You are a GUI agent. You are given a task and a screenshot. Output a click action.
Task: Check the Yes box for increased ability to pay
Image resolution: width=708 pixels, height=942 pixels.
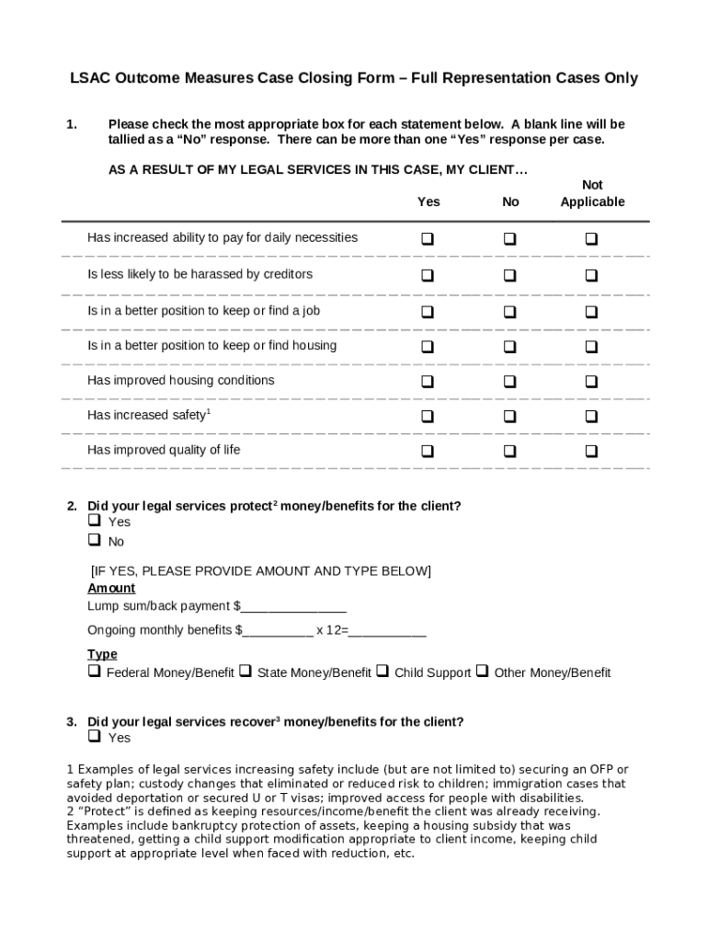pyautogui.click(x=428, y=239)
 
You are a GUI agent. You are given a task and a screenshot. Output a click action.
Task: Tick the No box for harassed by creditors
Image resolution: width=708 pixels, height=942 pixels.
pyautogui.click(x=509, y=276)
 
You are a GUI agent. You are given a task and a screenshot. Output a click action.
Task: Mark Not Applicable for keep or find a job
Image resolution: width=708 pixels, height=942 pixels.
pyautogui.click(x=591, y=313)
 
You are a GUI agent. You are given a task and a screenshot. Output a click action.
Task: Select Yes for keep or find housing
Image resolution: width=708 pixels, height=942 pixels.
pyautogui.click(x=428, y=348)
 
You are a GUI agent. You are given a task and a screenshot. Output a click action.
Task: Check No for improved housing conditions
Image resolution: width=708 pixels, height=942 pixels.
pyautogui.click(x=509, y=383)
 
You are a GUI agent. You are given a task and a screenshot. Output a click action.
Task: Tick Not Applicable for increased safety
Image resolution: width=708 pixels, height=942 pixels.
pyautogui.click(x=591, y=417)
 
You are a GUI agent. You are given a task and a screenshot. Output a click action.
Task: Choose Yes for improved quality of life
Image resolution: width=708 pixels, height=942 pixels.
pyautogui.click(x=428, y=452)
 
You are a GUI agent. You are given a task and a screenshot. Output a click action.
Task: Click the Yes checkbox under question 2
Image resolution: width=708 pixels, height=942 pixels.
pyautogui.click(x=94, y=522)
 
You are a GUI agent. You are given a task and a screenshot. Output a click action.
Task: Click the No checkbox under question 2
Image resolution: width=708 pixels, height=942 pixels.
pyautogui.click(x=94, y=541)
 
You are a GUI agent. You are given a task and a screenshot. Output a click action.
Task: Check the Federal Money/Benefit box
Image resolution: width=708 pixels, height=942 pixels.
pyautogui.click(x=94, y=672)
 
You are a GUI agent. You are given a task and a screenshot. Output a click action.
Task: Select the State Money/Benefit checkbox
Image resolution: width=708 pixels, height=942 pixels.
pyautogui.click(x=246, y=672)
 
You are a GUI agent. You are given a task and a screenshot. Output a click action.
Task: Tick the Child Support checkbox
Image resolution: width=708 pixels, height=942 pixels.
pyautogui.click(x=383, y=672)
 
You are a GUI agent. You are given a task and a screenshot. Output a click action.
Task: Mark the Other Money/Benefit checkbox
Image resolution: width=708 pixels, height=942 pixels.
pyautogui.click(x=483, y=672)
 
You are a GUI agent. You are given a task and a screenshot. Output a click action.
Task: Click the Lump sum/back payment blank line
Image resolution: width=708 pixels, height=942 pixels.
pyautogui.click(x=293, y=607)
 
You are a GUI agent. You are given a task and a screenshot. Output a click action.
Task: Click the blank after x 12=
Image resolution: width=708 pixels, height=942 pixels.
pyautogui.click(x=388, y=631)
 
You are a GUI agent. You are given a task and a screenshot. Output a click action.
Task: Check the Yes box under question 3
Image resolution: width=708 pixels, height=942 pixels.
pyautogui.click(x=94, y=737)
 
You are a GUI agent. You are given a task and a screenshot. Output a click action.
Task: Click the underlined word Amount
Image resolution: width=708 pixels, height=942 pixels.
pyautogui.click(x=111, y=588)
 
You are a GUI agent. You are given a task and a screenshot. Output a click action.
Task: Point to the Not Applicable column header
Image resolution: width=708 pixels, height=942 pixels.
pyautogui.click(x=592, y=193)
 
